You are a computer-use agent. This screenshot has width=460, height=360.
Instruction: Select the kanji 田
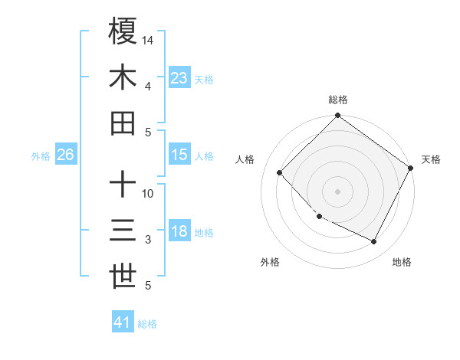coord(123,123)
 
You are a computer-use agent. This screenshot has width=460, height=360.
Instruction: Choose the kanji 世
coord(123,277)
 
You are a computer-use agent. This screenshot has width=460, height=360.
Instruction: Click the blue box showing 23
coord(179,77)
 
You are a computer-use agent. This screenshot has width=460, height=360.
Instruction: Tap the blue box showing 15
coord(179,154)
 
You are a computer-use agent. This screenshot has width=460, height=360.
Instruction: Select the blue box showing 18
coord(179,232)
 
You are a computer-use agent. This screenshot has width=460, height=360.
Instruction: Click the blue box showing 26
coord(65,155)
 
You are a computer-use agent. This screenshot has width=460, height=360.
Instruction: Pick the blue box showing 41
coord(123,322)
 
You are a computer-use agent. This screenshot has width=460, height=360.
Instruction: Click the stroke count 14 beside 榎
coord(148,40)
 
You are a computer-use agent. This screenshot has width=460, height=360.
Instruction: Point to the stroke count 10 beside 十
coord(148,193)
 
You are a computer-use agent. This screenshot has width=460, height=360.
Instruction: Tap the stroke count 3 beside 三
coord(147,240)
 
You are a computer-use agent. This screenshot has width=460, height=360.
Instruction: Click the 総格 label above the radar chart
coord(338,100)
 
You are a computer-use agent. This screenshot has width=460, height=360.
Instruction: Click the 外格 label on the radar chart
coord(270,262)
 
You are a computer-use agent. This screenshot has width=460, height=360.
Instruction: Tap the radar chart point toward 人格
coord(280,173)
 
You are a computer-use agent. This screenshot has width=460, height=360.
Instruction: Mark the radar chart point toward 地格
coord(374,242)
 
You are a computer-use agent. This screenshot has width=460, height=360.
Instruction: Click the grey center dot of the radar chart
coord(337,191)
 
